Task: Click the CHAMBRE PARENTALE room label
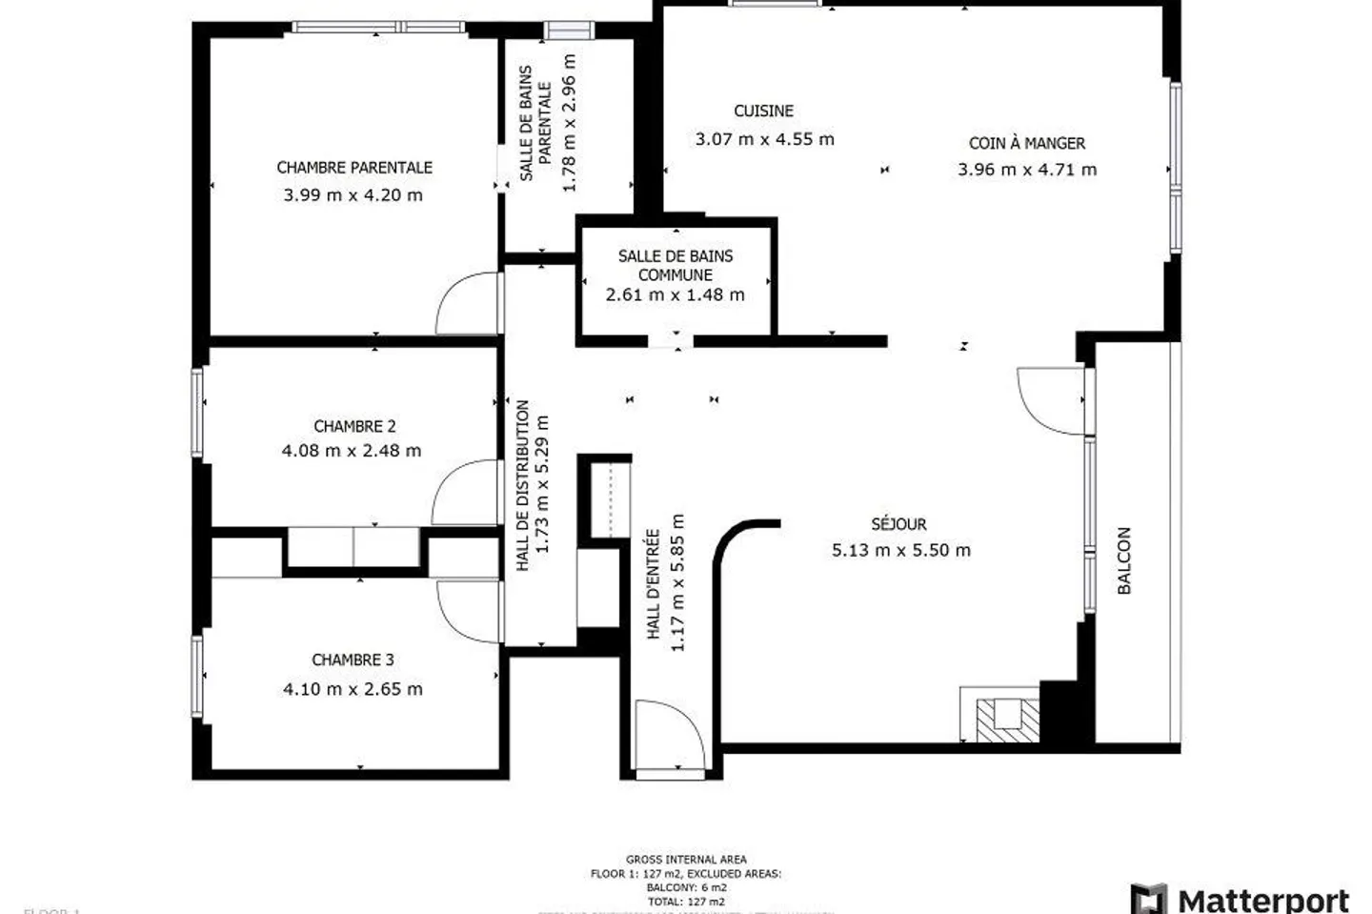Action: (x=354, y=168)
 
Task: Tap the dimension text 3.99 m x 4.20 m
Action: (x=353, y=195)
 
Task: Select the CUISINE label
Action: (x=763, y=112)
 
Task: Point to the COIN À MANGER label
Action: (x=1027, y=144)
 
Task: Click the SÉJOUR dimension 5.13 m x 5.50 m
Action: (x=901, y=550)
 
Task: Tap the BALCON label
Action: (x=1124, y=560)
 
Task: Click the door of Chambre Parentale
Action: (x=469, y=303)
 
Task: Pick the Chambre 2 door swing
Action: (x=465, y=492)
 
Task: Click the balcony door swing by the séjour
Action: (x=1050, y=396)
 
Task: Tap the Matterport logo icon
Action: (x=1148, y=899)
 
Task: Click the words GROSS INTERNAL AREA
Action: (x=686, y=860)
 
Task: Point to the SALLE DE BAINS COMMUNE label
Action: (x=676, y=265)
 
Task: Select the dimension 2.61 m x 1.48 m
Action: (x=676, y=295)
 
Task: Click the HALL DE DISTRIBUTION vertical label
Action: (x=522, y=485)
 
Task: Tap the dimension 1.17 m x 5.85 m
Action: (x=677, y=582)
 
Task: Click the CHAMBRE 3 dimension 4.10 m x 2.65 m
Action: (x=353, y=689)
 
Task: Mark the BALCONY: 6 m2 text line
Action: (x=686, y=887)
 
